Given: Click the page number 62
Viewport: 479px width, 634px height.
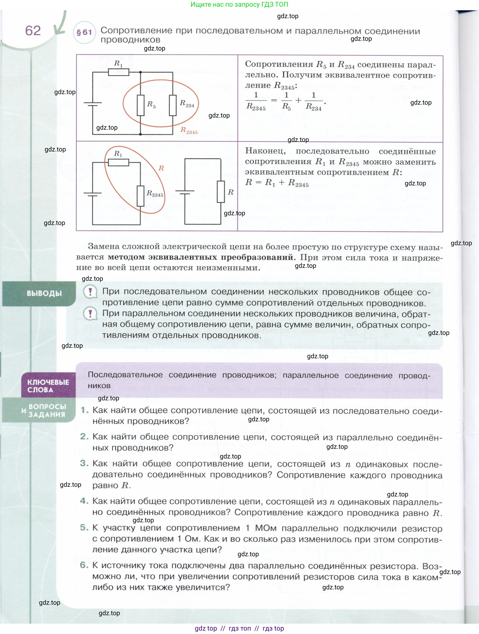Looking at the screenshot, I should click(x=33, y=31).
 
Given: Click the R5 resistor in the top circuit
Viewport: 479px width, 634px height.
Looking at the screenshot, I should click(x=140, y=105).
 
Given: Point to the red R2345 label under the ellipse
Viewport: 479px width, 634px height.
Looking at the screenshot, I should click(x=189, y=131).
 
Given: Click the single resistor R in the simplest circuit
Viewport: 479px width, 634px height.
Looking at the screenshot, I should click(x=221, y=192).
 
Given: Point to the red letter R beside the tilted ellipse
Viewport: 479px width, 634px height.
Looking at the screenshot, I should click(x=161, y=168).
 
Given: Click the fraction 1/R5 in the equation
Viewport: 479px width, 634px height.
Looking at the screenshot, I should click(x=286, y=101).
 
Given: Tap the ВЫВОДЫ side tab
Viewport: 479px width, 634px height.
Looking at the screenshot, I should click(x=44, y=293).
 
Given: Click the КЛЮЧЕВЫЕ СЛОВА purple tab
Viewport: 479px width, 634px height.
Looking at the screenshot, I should click(x=48, y=386).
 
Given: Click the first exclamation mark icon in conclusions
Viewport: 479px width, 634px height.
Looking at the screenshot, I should click(x=90, y=292).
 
